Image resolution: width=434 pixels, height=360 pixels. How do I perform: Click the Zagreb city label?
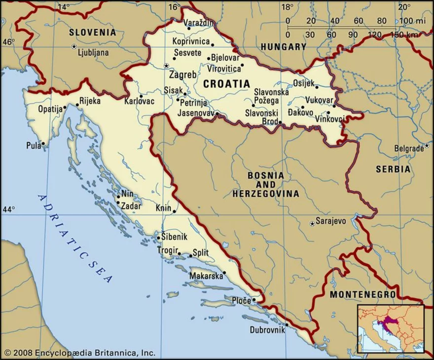[182, 75]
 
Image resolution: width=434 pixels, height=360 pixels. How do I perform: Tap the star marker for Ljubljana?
[74, 46]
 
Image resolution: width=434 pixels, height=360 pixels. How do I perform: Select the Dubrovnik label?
[267, 330]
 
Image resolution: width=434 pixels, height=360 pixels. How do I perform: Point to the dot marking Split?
[190, 255]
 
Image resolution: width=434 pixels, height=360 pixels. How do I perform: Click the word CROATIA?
[226, 84]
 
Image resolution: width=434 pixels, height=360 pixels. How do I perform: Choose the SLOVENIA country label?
[92, 33]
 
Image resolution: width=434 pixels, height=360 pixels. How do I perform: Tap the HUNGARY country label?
[284, 47]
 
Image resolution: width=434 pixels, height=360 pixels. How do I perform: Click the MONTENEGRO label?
[362, 294]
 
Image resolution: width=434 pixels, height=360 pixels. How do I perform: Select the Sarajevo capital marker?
[312, 224]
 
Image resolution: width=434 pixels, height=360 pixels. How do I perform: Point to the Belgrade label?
[408, 148]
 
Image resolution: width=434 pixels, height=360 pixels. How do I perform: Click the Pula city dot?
[43, 144]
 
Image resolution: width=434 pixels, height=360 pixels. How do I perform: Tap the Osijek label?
[303, 83]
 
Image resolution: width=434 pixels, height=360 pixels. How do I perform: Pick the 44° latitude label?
[8, 210]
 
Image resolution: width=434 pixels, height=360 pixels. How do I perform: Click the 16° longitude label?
[174, 7]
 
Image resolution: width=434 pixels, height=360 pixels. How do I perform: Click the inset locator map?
[390, 328]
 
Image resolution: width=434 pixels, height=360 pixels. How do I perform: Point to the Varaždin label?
[199, 23]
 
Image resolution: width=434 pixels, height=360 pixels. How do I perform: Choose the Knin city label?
[163, 208]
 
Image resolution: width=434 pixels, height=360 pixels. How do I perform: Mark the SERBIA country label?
[393, 169]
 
